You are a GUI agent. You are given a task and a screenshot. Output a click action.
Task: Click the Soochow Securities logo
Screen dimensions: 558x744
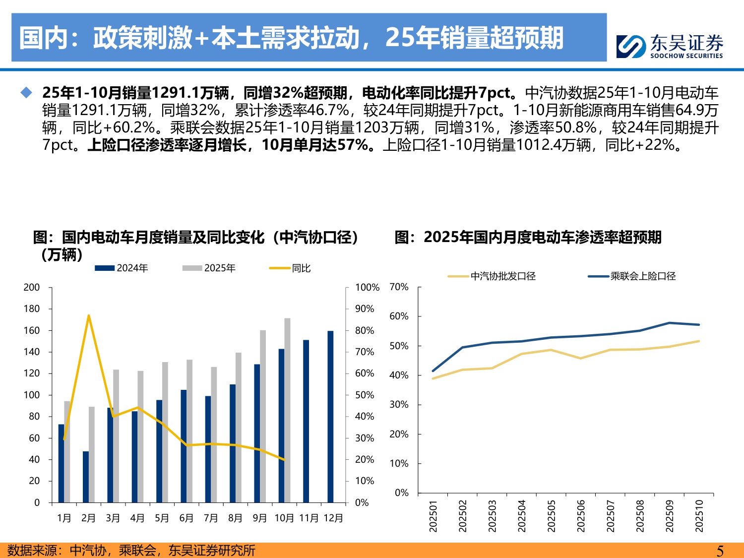669,46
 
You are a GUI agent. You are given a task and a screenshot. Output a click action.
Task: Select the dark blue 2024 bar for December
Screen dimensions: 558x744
330,417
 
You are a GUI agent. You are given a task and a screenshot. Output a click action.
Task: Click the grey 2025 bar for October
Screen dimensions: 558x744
287,410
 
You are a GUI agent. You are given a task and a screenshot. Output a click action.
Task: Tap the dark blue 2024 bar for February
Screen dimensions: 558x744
86,477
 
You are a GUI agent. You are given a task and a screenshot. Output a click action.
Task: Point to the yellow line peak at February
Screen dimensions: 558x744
88,315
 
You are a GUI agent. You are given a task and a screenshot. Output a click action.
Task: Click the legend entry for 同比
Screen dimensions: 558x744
290,268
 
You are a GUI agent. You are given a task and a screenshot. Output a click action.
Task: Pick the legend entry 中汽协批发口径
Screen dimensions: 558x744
492,276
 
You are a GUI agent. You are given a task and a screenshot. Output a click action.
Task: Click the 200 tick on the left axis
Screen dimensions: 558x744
32,288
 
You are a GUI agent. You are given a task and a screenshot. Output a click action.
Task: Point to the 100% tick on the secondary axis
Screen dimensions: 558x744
367,288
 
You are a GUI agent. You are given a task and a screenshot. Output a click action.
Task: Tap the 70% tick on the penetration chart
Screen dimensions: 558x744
399,287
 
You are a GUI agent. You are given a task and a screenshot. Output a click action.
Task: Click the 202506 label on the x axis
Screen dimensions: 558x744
581,516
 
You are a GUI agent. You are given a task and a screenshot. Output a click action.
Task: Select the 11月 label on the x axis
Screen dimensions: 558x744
309,518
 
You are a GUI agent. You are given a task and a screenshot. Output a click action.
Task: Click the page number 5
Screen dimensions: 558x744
720,551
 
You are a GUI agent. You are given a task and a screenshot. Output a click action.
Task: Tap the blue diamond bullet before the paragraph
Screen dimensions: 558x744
26,93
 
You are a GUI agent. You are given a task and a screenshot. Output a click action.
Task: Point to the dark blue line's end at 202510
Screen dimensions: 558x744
699,325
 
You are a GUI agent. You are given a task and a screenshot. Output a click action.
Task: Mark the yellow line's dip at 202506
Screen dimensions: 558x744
581,358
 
